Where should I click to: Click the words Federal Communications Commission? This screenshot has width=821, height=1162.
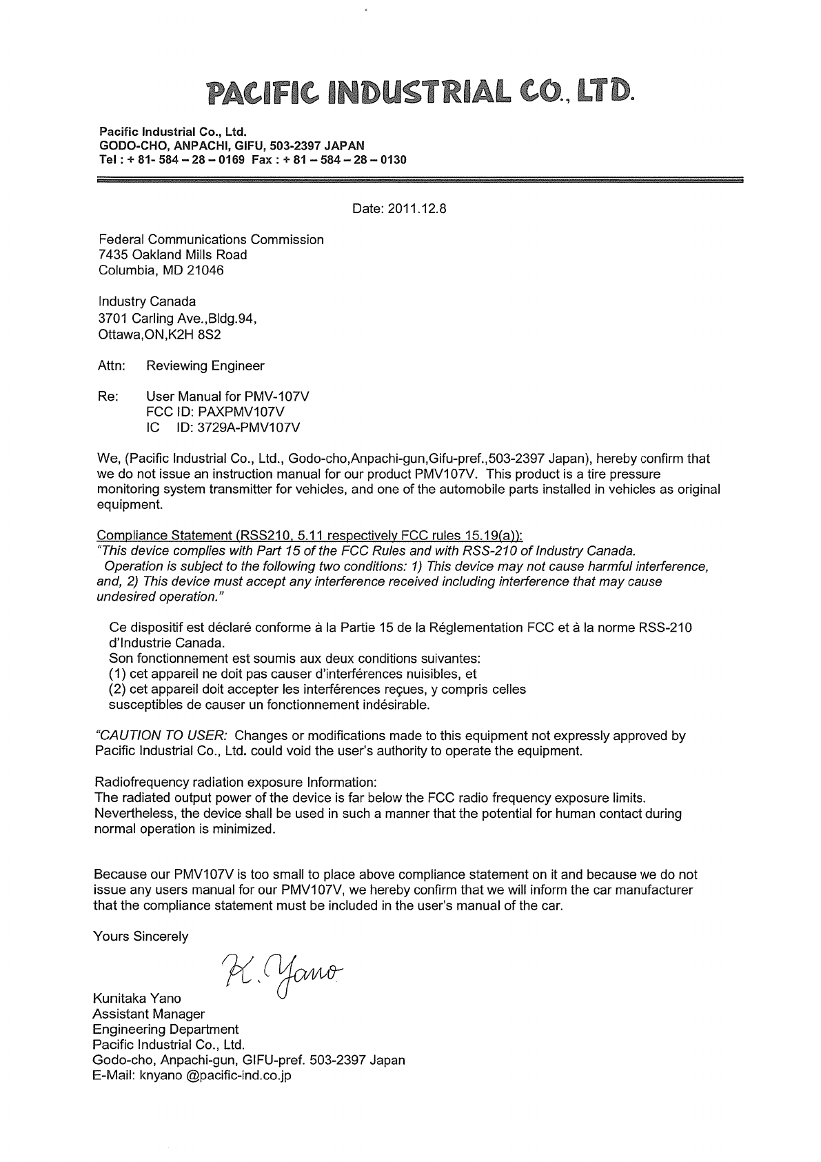tap(211, 240)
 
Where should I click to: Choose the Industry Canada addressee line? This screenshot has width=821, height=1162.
tap(147, 301)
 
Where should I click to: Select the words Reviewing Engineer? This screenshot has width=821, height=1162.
tap(205, 366)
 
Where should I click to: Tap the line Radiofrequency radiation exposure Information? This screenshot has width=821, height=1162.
tap(235, 783)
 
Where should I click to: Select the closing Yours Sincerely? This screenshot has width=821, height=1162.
tap(141, 936)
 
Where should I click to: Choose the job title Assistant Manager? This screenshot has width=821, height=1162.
tap(148, 1014)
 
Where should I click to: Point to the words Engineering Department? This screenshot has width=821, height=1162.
tap(165, 1030)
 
